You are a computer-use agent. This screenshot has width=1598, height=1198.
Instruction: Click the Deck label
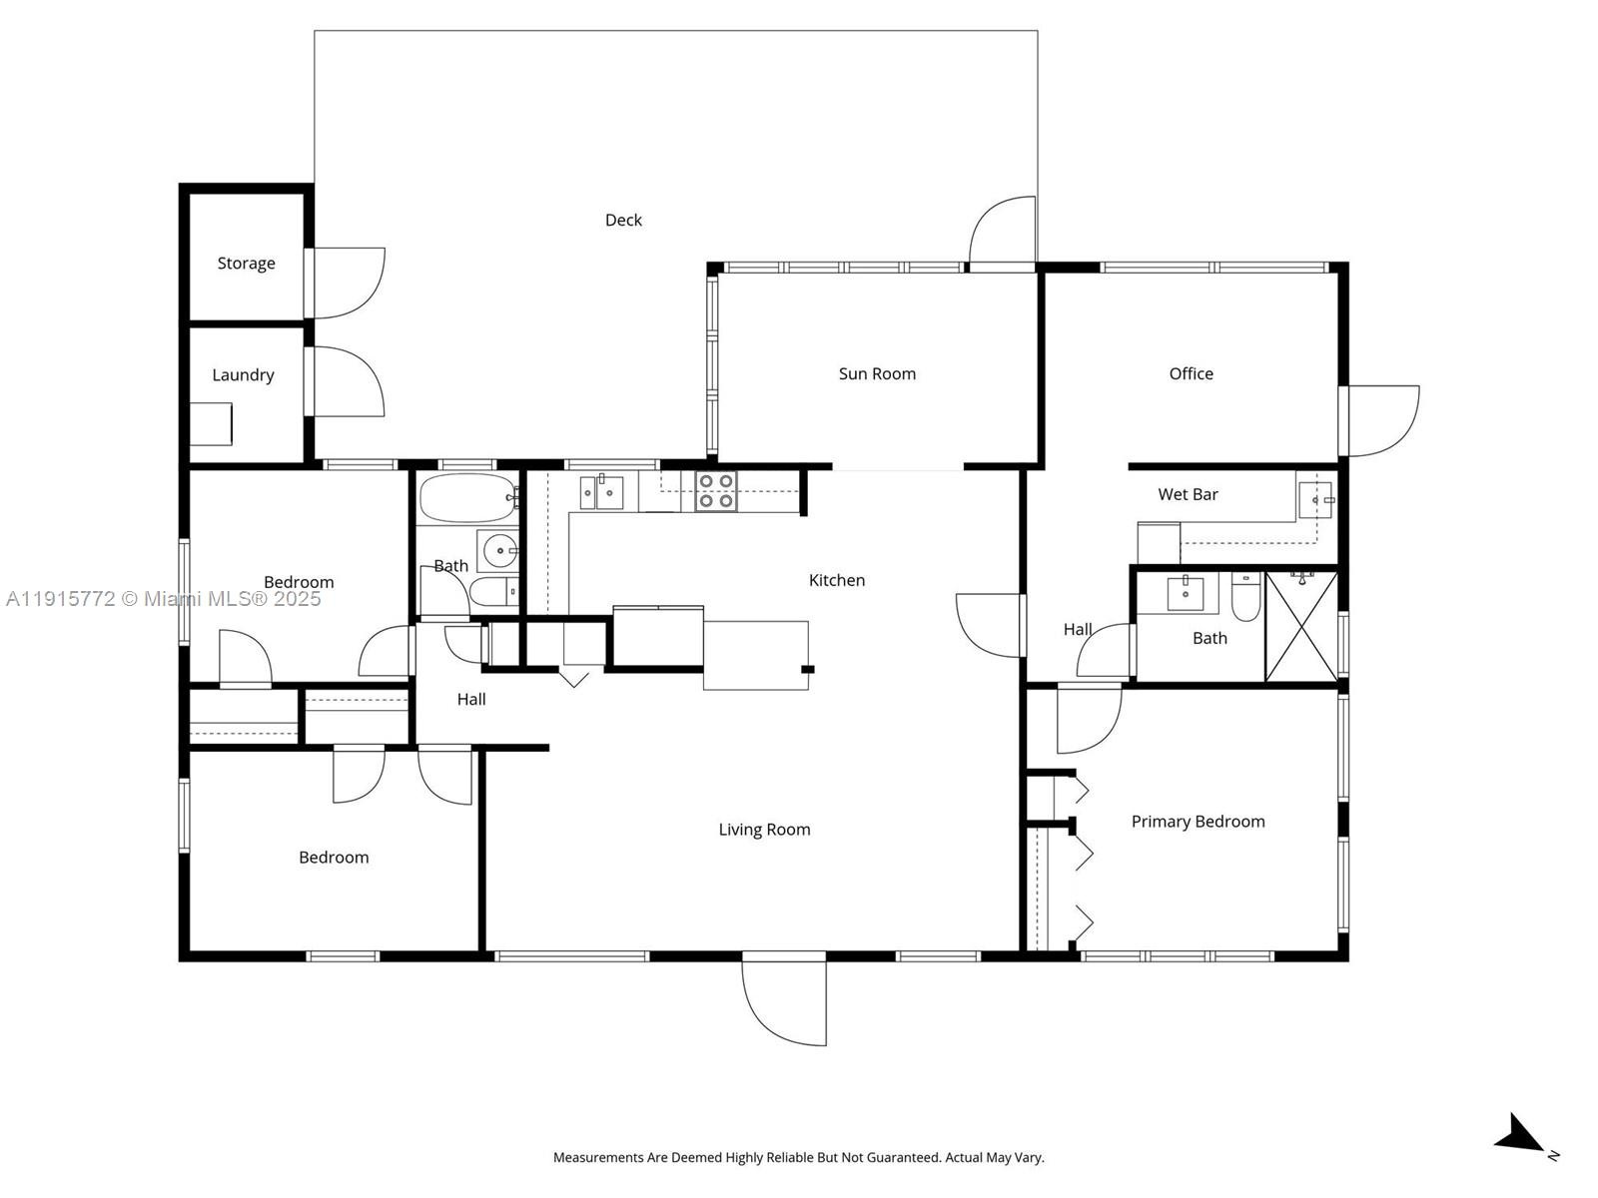623,220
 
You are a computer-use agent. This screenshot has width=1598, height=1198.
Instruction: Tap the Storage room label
246,264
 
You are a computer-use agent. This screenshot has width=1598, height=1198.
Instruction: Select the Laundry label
243,375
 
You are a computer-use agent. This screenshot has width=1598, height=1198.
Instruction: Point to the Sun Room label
877,373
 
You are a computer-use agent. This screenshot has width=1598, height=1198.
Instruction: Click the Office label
1192,373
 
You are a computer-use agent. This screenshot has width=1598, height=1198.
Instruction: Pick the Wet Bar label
1188,494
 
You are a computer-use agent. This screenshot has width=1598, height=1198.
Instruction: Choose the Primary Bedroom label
1198,822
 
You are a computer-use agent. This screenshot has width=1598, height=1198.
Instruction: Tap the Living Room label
764,830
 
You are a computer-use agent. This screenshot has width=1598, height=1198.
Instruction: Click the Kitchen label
837,580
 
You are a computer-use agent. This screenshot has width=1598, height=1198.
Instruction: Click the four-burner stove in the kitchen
716,491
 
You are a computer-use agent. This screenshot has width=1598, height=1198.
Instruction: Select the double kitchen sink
601,492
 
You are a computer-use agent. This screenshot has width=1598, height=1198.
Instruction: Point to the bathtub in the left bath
467,498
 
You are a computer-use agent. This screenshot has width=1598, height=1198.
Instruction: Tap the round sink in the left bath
499,551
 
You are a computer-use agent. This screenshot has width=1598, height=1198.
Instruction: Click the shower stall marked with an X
1301,627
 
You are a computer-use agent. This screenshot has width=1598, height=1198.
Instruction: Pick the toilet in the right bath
1245,597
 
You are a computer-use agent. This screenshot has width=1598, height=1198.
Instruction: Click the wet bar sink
1315,500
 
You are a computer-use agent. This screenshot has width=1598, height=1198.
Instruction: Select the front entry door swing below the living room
784,1001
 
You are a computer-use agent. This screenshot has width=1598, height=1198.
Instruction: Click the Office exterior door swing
1380,421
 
